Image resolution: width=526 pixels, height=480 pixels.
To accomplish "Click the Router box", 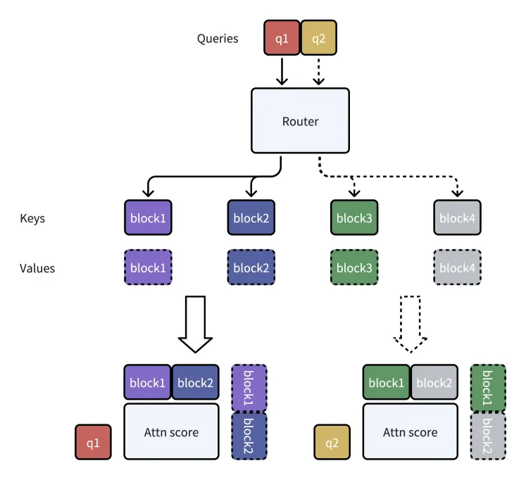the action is (300, 120).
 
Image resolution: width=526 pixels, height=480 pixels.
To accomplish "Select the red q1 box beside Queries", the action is (282, 37).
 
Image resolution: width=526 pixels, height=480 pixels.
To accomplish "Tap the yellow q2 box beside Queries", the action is (319, 37).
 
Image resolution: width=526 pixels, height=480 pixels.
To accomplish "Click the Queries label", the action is (218, 39).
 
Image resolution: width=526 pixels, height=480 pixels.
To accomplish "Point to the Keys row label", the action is (32, 218).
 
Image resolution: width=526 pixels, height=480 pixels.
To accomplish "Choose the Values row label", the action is (37, 268).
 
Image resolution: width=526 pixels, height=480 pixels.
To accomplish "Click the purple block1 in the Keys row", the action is (148, 217).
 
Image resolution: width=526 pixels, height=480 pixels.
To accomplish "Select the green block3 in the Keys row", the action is (354, 217).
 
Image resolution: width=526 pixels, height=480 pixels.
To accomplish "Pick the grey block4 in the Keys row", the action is (457, 217).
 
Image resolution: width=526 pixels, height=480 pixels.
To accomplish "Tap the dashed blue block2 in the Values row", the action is (251, 267).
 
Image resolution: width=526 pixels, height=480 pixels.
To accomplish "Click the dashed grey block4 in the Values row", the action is (457, 267).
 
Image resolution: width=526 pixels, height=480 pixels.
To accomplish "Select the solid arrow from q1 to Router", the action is (282, 71).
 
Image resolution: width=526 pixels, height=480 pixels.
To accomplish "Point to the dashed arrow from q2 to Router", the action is (319, 71).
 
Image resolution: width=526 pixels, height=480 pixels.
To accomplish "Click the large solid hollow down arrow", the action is (195, 324).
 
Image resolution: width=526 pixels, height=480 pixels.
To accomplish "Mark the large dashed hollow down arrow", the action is (411, 324).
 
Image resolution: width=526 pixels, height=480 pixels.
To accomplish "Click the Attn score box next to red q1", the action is (171, 431).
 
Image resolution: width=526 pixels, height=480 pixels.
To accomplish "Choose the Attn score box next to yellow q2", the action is (411, 431).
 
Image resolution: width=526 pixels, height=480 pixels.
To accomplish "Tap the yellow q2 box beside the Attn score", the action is (332, 442).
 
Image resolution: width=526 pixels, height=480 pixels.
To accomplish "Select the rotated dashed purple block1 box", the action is (249, 388).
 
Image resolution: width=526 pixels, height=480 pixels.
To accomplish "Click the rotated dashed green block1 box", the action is (488, 388).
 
